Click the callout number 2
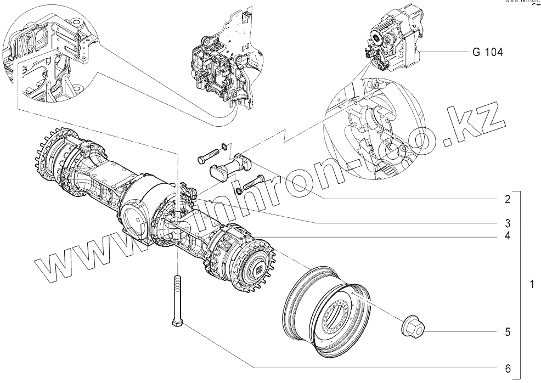[x=508, y=199]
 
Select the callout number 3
[x=508, y=223]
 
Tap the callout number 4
[x=508, y=236]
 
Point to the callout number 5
[x=508, y=332]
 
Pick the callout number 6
[x=508, y=367]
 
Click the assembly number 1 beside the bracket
[x=531, y=285]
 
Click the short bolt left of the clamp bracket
[x=206, y=158]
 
